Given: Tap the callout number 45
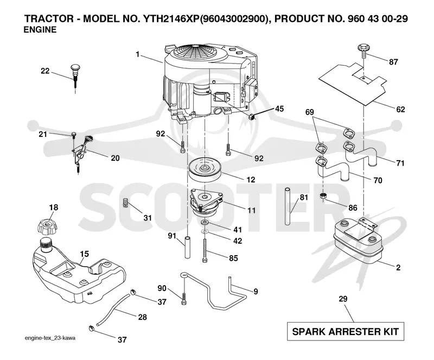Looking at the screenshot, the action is pyautogui.click(x=279, y=109).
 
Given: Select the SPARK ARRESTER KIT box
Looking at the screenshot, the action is pyautogui.click(x=346, y=331).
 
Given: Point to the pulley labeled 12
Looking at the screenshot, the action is pyautogui.click(x=205, y=169).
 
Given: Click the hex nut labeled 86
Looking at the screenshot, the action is pyautogui.click(x=323, y=195).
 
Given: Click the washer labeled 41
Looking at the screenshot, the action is pyautogui.click(x=205, y=222).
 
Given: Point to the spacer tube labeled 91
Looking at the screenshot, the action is pyautogui.click(x=188, y=247).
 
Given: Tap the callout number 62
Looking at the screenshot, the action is pyautogui.click(x=400, y=109).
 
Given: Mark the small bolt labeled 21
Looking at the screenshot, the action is pyautogui.click(x=74, y=135).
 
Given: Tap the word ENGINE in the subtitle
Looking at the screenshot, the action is pyautogui.click(x=40, y=30).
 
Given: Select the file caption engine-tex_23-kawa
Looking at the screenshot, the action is pyautogui.click(x=50, y=338).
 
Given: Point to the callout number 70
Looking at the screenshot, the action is pyautogui.click(x=378, y=180).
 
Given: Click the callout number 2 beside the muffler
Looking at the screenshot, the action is pyautogui.click(x=398, y=268).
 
